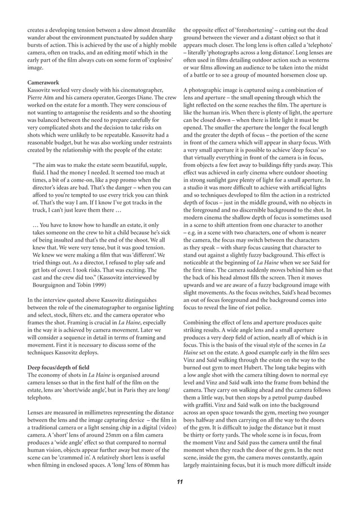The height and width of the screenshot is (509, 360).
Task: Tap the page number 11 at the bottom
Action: pos(179,481)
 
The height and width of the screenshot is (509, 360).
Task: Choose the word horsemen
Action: pos(289,75)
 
